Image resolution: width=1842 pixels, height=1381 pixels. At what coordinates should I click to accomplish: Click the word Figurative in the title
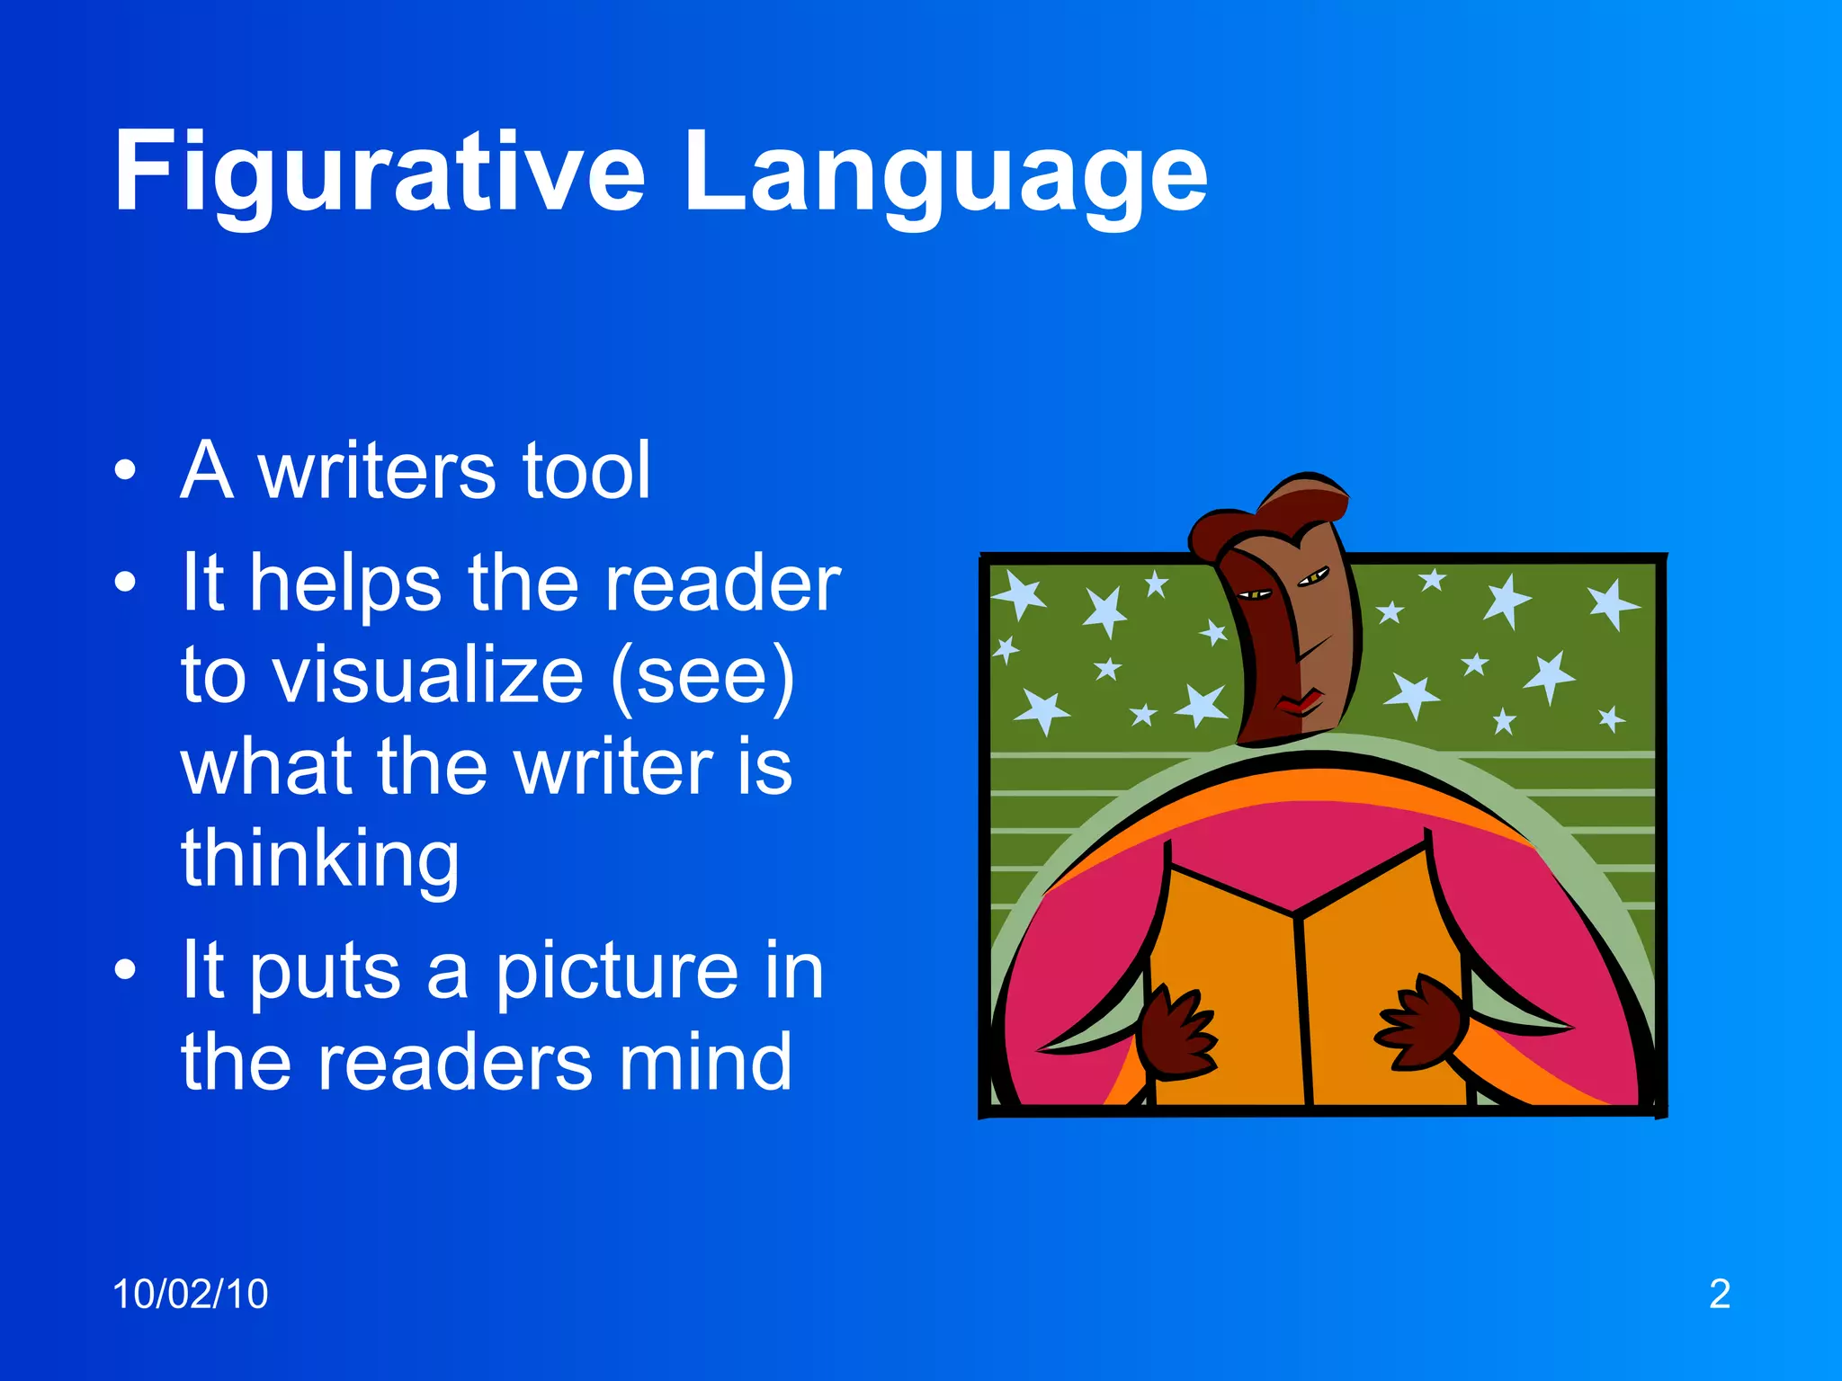(378, 173)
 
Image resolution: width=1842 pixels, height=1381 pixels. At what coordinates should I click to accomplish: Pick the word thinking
(320, 859)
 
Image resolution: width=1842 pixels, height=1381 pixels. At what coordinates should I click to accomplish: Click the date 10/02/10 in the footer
(190, 1295)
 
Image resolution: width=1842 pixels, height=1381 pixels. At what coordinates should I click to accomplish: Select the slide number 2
(1719, 1295)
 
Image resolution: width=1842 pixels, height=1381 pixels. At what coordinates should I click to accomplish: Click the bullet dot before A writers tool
(126, 470)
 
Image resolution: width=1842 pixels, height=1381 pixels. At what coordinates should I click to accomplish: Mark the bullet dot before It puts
(126, 971)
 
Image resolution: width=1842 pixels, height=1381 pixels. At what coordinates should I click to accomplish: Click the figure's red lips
(1299, 702)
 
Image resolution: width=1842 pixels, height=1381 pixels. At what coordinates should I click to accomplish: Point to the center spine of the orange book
(1301, 1007)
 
